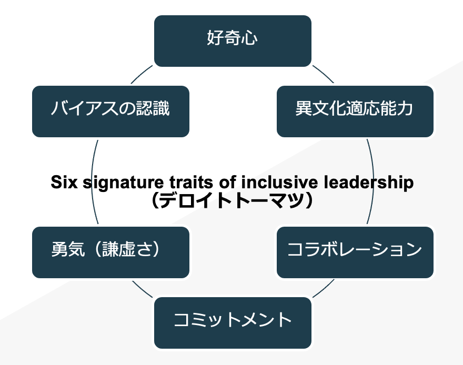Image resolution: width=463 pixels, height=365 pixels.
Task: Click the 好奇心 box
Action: pyautogui.click(x=233, y=41)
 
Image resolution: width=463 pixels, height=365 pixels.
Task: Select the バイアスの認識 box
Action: pyautogui.click(x=110, y=111)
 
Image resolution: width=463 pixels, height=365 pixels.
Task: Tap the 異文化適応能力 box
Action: pyautogui.click(x=355, y=111)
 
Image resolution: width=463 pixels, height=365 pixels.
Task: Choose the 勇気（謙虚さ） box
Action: pyautogui.click(x=110, y=252)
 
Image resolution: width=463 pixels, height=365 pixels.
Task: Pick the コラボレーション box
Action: pyautogui.click(x=355, y=252)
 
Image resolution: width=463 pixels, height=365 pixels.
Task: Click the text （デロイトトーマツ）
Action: pyautogui.click(x=232, y=200)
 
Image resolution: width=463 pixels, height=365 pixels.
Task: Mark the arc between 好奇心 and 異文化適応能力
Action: pyautogui.click(x=323, y=75)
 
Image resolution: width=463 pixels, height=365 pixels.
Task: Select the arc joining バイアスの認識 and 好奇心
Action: pyautogui.click(x=142, y=75)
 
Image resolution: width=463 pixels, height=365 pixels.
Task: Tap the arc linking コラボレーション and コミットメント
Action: pyautogui.click(x=323, y=288)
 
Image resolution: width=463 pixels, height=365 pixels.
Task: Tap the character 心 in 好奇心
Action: pyautogui.click(x=250, y=39)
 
